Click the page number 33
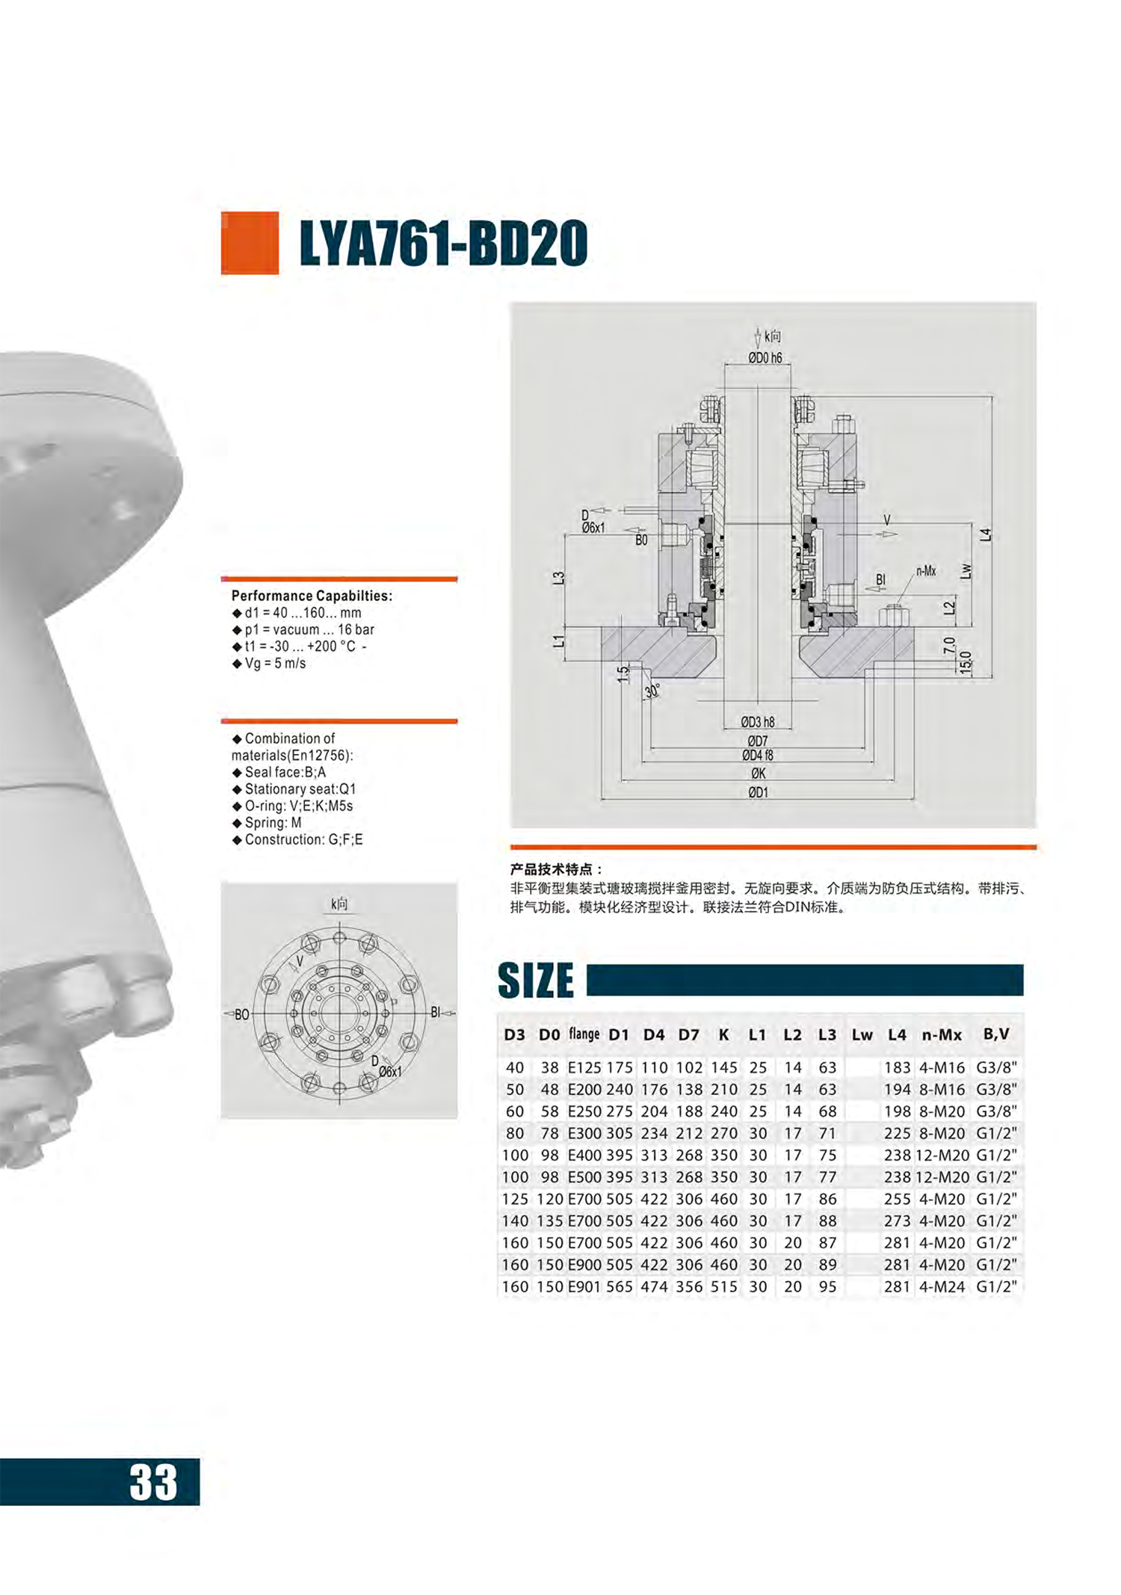tap(153, 1481)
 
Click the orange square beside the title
tap(250, 243)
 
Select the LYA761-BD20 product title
tap(443, 243)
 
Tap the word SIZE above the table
tap(536, 980)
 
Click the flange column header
tap(584, 1034)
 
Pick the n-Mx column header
tap(942, 1034)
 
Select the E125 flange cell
tap(584, 1067)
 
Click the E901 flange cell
tap(584, 1286)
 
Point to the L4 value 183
tap(897, 1067)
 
